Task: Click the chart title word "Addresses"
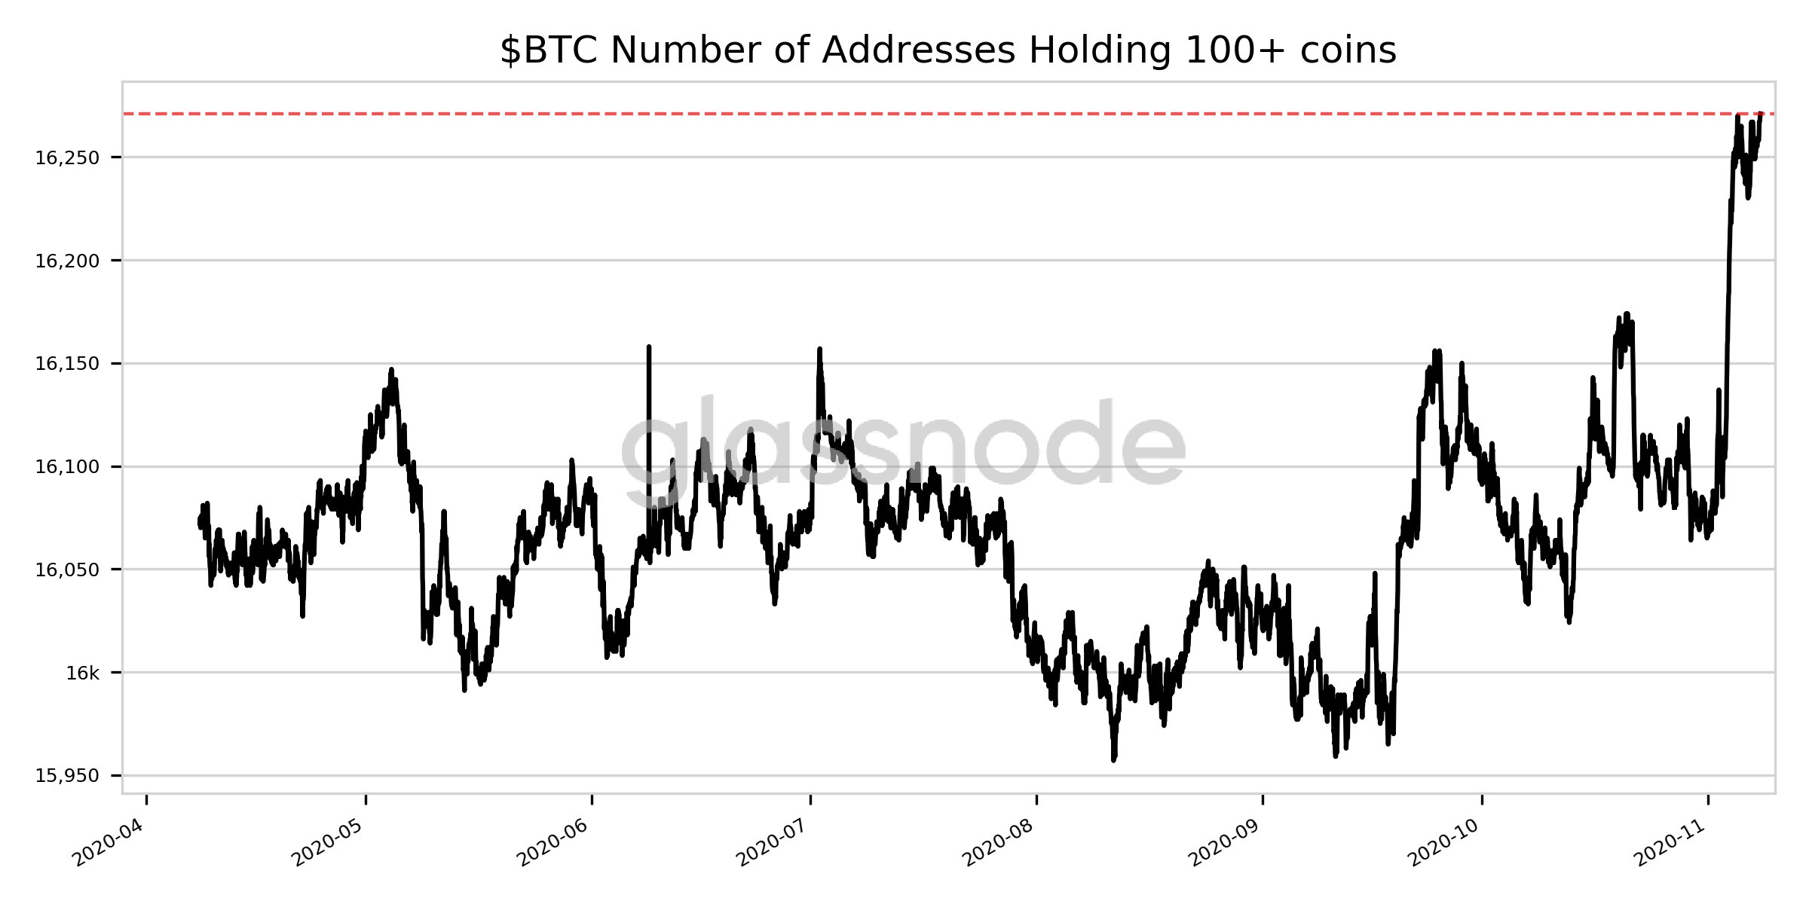(x=918, y=51)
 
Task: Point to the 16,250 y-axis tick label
(x=67, y=158)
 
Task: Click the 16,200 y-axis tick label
(x=67, y=261)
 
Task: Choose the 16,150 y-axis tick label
(x=67, y=364)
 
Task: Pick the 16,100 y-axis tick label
(x=67, y=467)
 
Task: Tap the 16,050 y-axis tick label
(x=67, y=570)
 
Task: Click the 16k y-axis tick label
(x=82, y=673)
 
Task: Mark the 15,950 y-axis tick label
(x=67, y=776)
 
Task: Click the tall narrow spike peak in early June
(x=649, y=347)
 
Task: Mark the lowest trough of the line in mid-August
(x=1113, y=759)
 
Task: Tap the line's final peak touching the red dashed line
(x=1761, y=114)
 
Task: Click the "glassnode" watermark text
(x=903, y=444)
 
